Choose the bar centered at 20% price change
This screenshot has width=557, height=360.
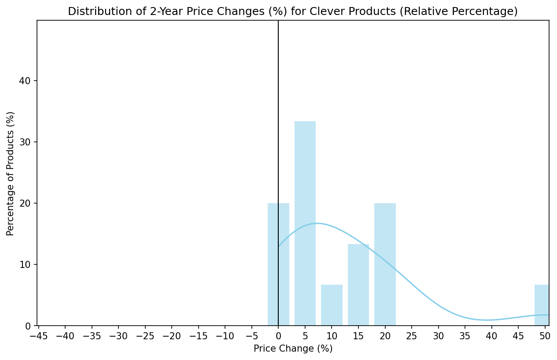point(385,264)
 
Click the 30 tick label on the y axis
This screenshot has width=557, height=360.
point(25,142)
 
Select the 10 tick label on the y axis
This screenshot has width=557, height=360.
point(25,265)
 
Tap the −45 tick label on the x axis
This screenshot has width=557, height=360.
point(38,336)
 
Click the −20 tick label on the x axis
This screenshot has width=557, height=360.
point(171,336)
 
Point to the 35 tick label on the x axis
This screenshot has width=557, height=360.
point(465,336)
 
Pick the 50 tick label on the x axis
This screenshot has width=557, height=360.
point(545,336)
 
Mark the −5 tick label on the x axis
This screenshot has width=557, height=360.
point(251,336)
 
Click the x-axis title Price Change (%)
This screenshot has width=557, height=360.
point(293,349)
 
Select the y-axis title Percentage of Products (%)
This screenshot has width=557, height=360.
point(11,173)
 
